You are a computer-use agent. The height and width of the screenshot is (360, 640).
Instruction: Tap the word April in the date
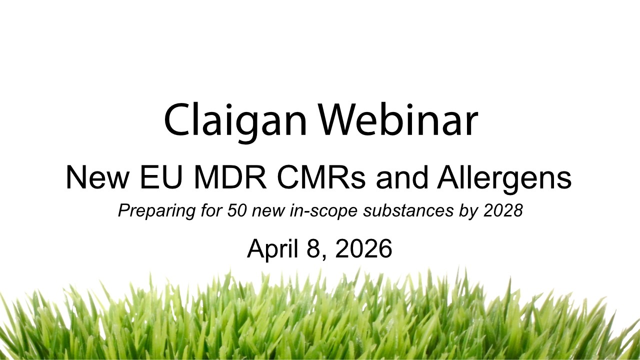(x=273, y=249)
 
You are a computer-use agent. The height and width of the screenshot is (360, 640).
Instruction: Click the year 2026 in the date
(x=364, y=248)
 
